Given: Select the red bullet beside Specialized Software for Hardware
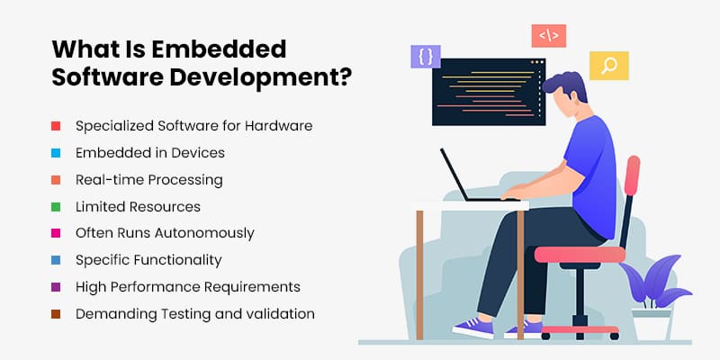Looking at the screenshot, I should (x=56, y=126).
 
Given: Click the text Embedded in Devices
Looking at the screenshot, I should (x=149, y=153).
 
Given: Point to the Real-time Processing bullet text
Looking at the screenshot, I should (x=148, y=180).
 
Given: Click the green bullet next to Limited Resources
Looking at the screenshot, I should (x=56, y=207).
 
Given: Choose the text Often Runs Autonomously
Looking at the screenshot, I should (x=165, y=233).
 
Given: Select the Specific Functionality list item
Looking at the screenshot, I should (x=148, y=260).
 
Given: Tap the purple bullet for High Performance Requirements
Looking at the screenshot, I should (x=56, y=287).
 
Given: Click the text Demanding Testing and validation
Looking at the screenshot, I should (x=194, y=314).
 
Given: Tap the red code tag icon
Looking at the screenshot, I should (x=548, y=36).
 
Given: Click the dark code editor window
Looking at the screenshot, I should (x=486, y=99).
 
